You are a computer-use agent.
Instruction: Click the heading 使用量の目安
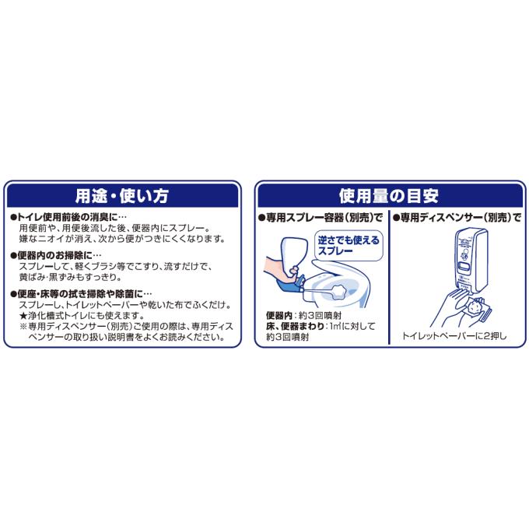[390, 194]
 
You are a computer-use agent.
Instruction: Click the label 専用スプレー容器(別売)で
[324, 219]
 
